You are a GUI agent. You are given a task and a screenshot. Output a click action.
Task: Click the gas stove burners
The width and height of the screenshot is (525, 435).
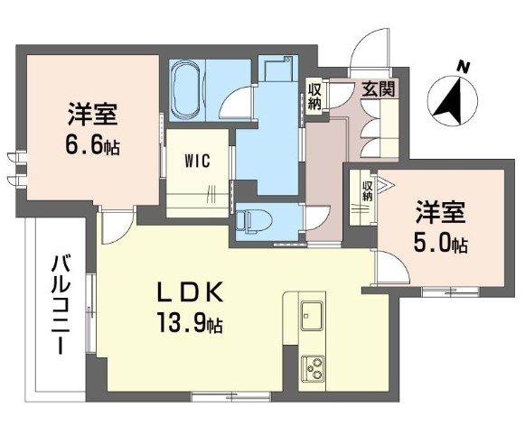point(315,368)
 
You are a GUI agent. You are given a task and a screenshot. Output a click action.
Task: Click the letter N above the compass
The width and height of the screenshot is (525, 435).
point(463,65)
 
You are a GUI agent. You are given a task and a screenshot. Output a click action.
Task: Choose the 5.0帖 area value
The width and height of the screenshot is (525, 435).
point(440,244)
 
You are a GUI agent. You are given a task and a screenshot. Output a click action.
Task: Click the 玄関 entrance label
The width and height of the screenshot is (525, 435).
point(375,90)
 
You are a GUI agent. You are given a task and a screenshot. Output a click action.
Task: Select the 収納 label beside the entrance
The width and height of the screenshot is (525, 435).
point(314,96)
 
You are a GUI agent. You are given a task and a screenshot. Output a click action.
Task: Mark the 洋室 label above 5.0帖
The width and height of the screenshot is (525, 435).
point(440,213)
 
